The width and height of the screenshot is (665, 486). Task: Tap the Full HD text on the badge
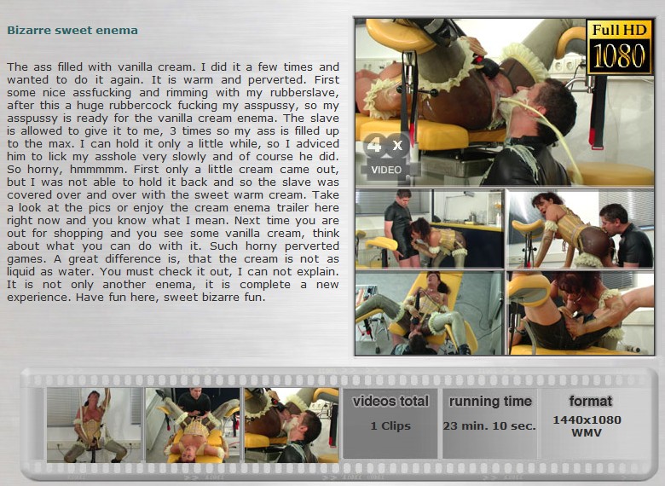click(619, 30)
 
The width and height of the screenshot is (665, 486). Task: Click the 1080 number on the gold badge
click(619, 55)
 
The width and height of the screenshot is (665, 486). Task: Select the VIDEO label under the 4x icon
click(386, 170)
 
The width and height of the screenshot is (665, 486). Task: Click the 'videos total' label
click(390, 402)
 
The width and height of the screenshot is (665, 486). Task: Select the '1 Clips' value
click(390, 425)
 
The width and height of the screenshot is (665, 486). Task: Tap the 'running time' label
click(490, 402)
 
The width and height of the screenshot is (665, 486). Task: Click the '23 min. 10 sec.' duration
click(490, 425)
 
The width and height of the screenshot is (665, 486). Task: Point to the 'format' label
click(590, 402)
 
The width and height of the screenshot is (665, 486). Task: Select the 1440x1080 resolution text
click(587, 419)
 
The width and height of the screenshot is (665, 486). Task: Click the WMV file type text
click(586, 433)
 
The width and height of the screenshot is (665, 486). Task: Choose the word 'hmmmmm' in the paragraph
click(100, 170)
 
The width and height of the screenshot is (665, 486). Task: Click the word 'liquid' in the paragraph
click(21, 272)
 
